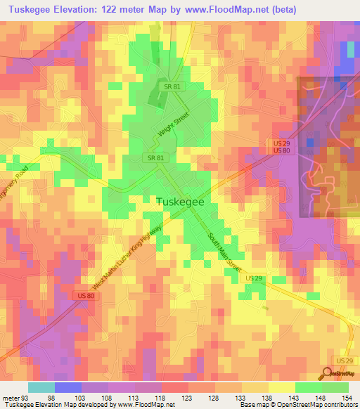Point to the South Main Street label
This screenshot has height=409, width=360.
pos(224,254)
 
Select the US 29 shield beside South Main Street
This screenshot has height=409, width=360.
pos(255,279)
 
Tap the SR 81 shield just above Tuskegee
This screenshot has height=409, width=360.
pos(156,158)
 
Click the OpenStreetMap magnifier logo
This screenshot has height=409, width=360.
pos(328,374)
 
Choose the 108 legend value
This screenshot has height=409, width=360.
pos(105,398)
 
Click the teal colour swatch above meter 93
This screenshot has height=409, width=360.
pos(41,387)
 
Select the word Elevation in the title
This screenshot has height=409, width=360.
pos(73,9)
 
